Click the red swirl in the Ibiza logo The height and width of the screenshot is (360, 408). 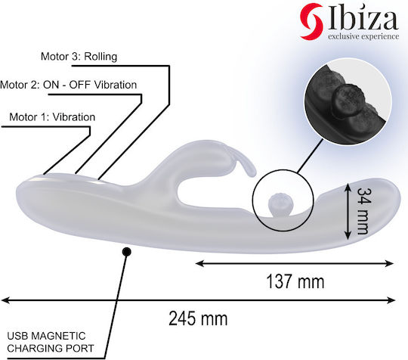(x=311, y=21)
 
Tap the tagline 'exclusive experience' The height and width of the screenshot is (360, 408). (x=363, y=36)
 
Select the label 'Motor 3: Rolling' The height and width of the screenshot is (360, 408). (x=79, y=57)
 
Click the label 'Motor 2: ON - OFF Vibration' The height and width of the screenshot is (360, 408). (x=68, y=85)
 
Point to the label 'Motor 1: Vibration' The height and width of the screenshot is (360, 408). (x=52, y=117)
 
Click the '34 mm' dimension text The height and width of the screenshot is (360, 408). (x=363, y=211)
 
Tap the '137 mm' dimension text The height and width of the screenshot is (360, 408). (x=295, y=281)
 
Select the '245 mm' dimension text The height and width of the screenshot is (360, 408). (x=198, y=318)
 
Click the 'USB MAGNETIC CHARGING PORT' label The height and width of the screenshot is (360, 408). (x=50, y=342)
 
